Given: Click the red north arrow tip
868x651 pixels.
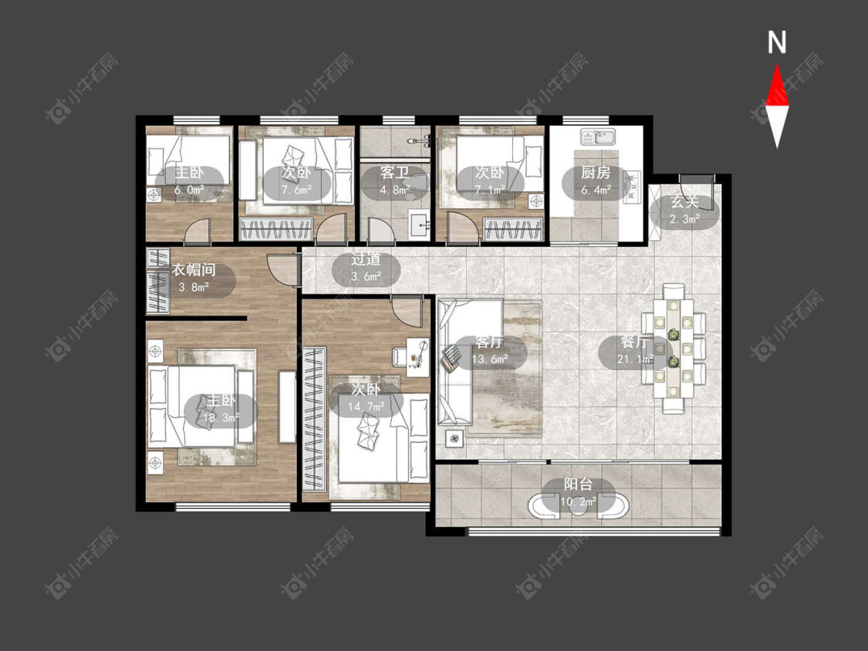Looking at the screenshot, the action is click(777, 65).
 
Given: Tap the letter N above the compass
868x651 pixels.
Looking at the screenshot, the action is click(777, 42).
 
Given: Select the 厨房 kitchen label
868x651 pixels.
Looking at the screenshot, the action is click(596, 173).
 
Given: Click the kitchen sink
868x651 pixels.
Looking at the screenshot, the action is click(599, 137).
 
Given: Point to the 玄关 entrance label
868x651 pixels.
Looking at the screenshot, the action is click(684, 202).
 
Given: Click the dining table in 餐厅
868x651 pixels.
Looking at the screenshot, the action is click(673, 348).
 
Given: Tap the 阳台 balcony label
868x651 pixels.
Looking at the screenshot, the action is click(578, 484).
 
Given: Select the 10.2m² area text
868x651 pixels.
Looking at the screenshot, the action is click(578, 502).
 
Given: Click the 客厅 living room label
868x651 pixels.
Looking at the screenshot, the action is click(489, 342).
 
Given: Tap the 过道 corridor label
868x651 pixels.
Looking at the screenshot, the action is click(366, 258).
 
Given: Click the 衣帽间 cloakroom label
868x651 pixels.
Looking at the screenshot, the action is click(193, 270).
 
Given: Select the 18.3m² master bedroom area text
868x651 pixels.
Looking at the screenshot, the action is click(221, 417).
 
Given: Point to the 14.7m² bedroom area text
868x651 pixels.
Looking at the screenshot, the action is click(366, 407).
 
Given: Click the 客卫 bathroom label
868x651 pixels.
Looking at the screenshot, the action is click(395, 173).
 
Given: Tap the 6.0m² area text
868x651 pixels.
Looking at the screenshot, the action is click(189, 190).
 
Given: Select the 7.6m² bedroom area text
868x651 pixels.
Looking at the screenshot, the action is click(296, 190).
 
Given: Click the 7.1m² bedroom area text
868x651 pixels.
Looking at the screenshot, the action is click(489, 190).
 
